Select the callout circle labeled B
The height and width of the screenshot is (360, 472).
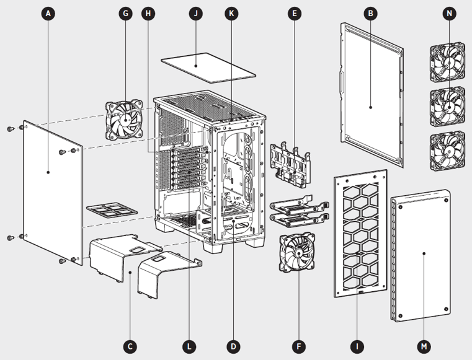(x=370, y=13)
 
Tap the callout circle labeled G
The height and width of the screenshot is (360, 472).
(x=126, y=13)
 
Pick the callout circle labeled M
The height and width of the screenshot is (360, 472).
(x=423, y=346)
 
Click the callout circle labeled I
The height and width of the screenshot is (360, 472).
(x=357, y=346)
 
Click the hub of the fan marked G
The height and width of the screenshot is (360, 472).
(x=127, y=120)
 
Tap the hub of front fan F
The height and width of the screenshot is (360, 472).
(x=298, y=255)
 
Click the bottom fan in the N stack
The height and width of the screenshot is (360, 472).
(x=447, y=149)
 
